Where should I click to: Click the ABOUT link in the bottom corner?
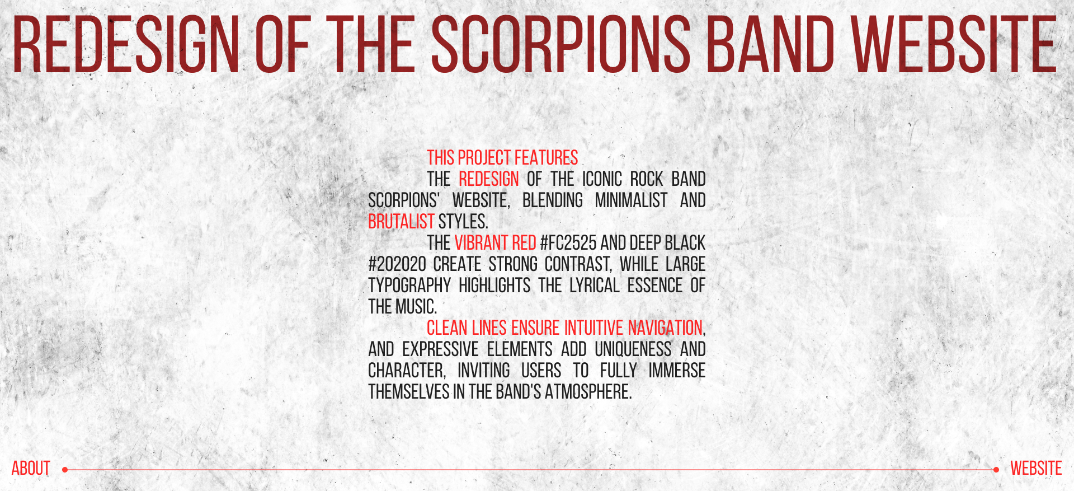(x=31, y=468)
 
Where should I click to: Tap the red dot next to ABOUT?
(x=65, y=470)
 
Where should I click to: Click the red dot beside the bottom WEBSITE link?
(x=996, y=470)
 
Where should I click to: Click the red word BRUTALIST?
(x=401, y=222)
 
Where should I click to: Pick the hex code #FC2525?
(x=568, y=243)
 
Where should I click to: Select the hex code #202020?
(x=397, y=264)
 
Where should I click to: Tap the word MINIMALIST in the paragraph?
(x=631, y=200)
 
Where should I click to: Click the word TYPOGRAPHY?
(x=409, y=286)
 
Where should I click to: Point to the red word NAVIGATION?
(x=665, y=328)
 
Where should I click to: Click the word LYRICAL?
(x=595, y=286)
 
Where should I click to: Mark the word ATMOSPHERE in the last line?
(x=588, y=392)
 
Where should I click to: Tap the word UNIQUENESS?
(x=633, y=349)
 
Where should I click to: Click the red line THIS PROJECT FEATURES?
(x=502, y=158)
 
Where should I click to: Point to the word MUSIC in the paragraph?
(x=416, y=307)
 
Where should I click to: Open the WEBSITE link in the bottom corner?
(x=1036, y=468)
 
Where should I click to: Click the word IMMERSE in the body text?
(x=677, y=371)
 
